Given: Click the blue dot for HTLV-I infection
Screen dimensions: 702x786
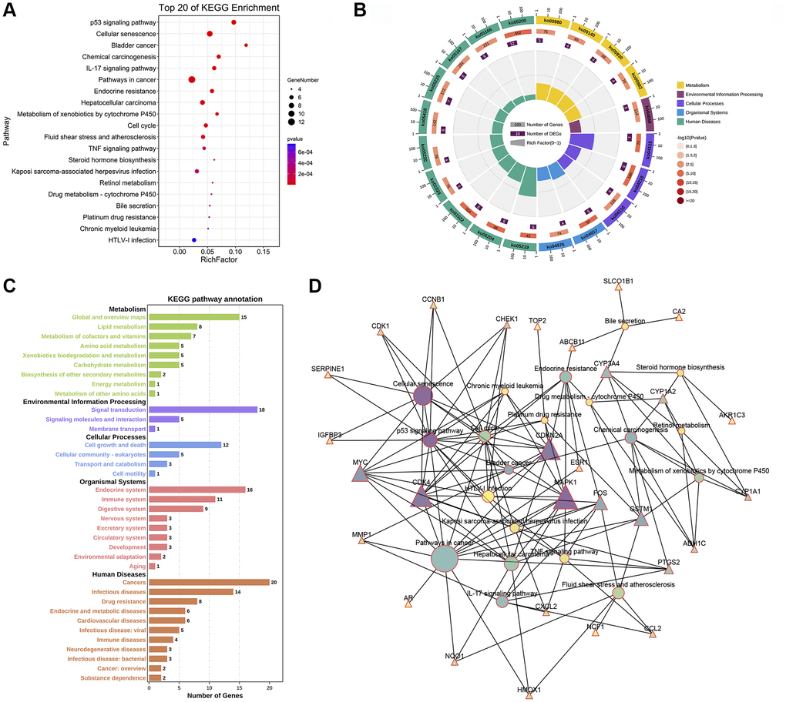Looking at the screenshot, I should pyautogui.click(x=194, y=241).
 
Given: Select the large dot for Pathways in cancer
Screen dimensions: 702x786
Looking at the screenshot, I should pyautogui.click(x=191, y=79).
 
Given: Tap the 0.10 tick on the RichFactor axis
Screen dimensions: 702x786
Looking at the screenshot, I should pyautogui.click(x=234, y=251).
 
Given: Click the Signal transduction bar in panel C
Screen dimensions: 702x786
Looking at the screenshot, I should pyautogui.click(x=203, y=409).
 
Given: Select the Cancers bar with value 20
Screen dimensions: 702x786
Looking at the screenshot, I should pyautogui.click(x=209, y=583).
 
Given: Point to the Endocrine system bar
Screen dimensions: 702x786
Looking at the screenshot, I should pyautogui.click(x=196, y=490).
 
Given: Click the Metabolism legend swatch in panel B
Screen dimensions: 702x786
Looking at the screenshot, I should pyautogui.click(x=681, y=85).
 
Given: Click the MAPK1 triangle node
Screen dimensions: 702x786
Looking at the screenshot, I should pyautogui.click(x=565, y=495).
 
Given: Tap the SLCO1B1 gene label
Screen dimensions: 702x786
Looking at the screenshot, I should pyautogui.click(x=618, y=282).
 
